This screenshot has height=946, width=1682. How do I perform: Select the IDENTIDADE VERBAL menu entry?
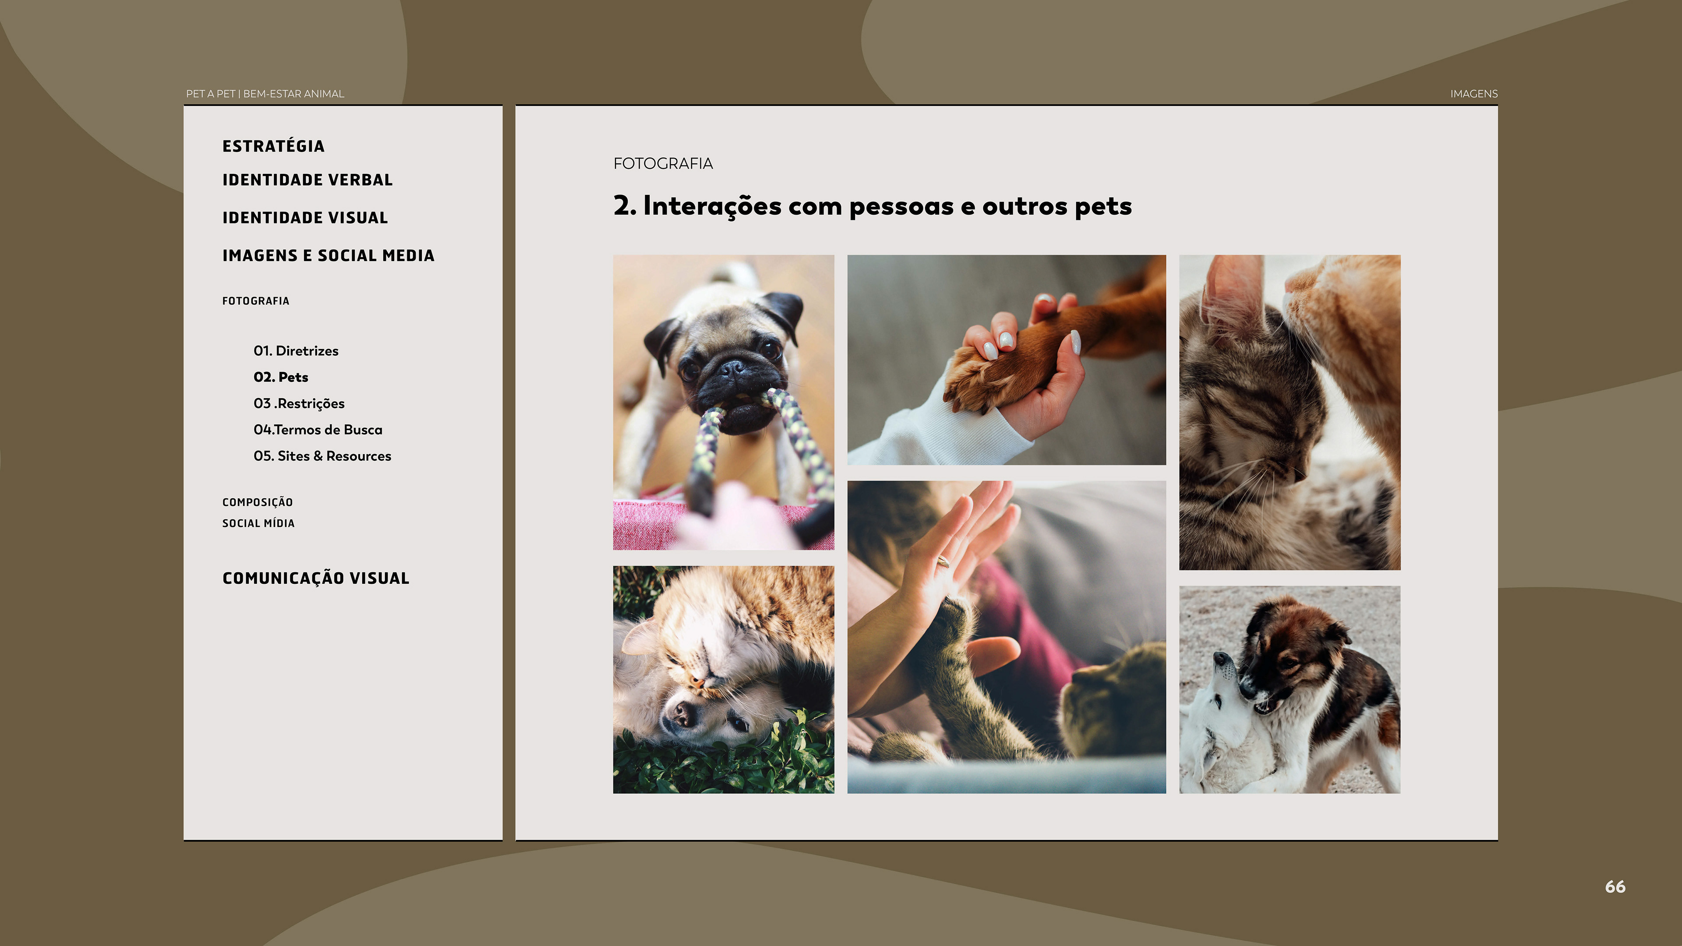point(307,180)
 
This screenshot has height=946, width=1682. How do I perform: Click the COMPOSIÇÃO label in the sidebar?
point(257,502)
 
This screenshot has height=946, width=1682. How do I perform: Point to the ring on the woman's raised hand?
point(943,561)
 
